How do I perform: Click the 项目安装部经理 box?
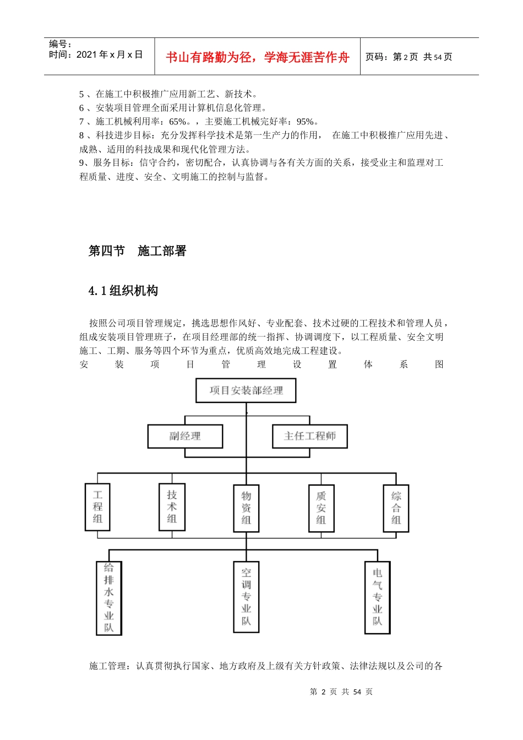[x=246, y=390]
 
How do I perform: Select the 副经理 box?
[x=185, y=436]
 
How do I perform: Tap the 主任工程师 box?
[x=309, y=436]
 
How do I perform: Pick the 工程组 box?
[x=97, y=507]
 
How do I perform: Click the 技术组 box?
[x=172, y=507]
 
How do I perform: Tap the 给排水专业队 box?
[x=108, y=597]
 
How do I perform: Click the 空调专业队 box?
[x=246, y=597]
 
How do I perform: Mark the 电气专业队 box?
[x=377, y=597]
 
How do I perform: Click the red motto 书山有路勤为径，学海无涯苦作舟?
[x=257, y=57]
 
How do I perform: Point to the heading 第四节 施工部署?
[x=138, y=251]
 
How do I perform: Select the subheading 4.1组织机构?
[x=123, y=291]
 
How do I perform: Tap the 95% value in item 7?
[x=306, y=122]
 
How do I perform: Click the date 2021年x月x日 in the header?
[x=110, y=55]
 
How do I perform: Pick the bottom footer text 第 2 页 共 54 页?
[x=341, y=692]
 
